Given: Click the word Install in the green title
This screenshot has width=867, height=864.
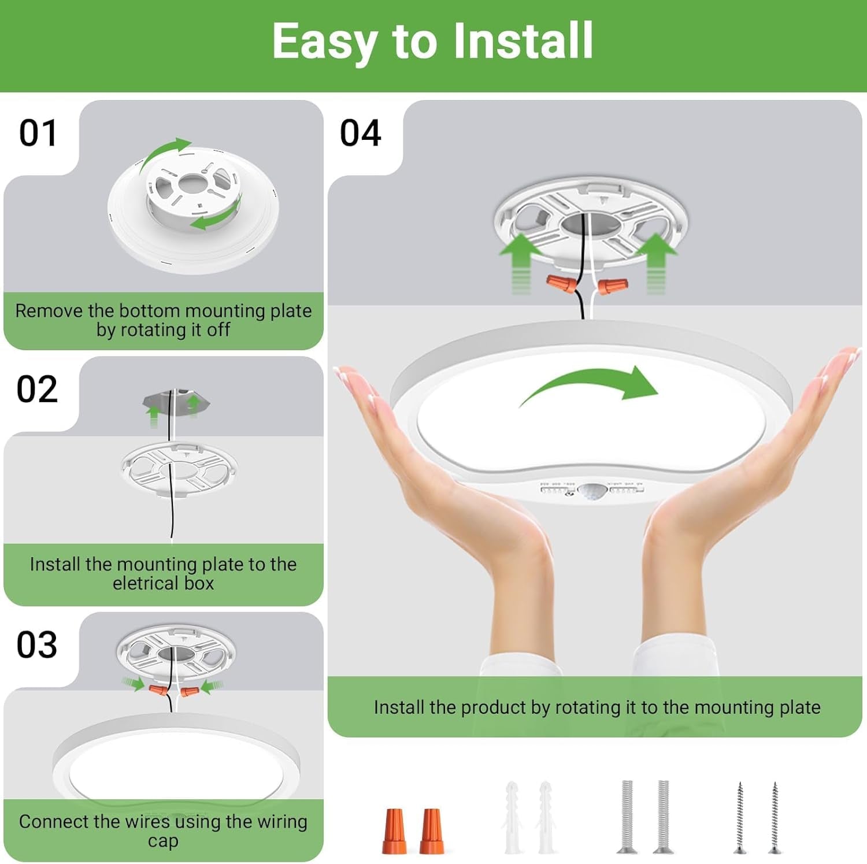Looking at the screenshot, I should click(x=523, y=40).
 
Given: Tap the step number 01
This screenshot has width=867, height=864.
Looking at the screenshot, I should click(x=38, y=134).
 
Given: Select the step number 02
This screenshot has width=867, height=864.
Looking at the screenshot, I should click(x=37, y=389).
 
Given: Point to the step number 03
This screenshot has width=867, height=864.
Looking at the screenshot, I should click(x=37, y=645).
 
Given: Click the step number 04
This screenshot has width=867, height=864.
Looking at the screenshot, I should click(x=360, y=134).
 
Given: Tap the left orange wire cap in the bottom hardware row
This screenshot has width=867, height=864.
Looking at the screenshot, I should click(x=394, y=831).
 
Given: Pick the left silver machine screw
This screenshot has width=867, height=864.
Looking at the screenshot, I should click(x=628, y=816).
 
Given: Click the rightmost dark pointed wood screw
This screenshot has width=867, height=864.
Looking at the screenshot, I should click(x=775, y=817).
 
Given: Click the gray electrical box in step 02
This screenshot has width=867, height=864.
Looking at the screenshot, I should click(x=176, y=402).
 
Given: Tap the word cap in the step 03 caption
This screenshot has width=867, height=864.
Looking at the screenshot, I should click(x=163, y=841).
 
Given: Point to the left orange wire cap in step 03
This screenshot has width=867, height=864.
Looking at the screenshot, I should click(x=158, y=689).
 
